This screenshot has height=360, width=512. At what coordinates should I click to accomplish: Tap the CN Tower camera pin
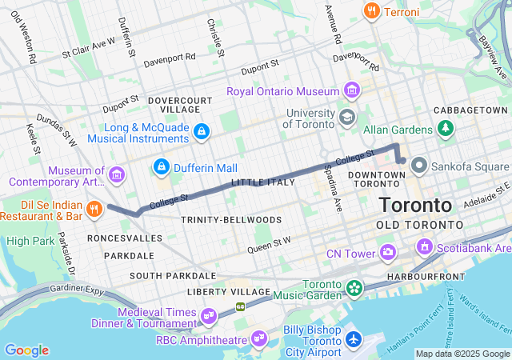[x=388, y=254]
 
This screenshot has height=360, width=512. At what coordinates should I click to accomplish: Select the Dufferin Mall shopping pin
[x=162, y=167]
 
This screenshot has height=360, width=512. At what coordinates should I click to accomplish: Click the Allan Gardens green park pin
[x=444, y=129]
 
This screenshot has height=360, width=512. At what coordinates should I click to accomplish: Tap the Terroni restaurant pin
[x=370, y=11]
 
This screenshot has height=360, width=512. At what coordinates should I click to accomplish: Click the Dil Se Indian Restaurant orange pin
[x=94, y=209]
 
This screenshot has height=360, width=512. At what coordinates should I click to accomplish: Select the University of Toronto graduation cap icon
[x=346, y=118]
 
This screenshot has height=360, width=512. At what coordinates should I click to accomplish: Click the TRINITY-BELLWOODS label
[x=230, y=219]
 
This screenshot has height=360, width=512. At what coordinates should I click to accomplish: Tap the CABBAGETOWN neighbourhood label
[x=470, y=110]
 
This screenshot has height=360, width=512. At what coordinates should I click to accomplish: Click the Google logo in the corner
[x=26, y=350]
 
